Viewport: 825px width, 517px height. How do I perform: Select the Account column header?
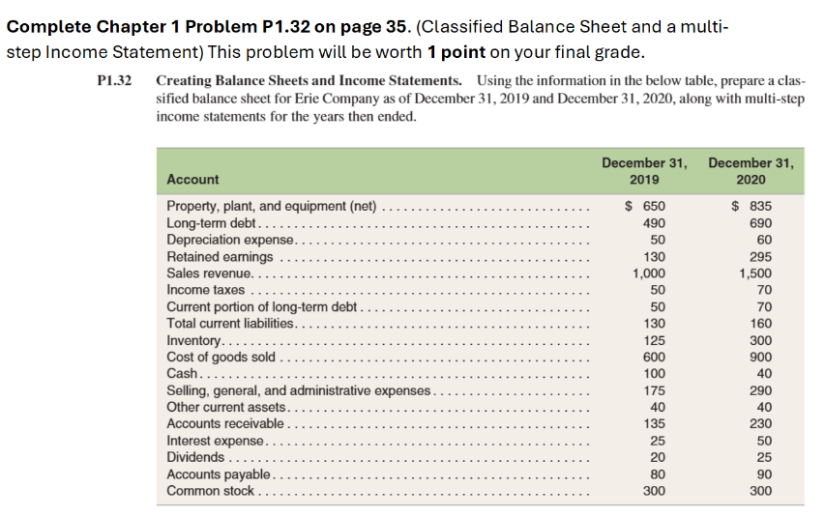pos(192,179)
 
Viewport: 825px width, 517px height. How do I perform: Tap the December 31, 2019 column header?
pos(644,170)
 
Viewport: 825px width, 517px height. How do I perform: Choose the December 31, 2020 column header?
pos(751,170)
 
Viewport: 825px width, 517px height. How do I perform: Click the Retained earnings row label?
pos(220,257)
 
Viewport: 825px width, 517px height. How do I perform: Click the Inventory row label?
pos(193,341)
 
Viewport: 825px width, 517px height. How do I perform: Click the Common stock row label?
pos(211,491)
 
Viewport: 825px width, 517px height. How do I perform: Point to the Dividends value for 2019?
pos(655,457)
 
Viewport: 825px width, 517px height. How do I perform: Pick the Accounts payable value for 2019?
pos(655,474)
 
